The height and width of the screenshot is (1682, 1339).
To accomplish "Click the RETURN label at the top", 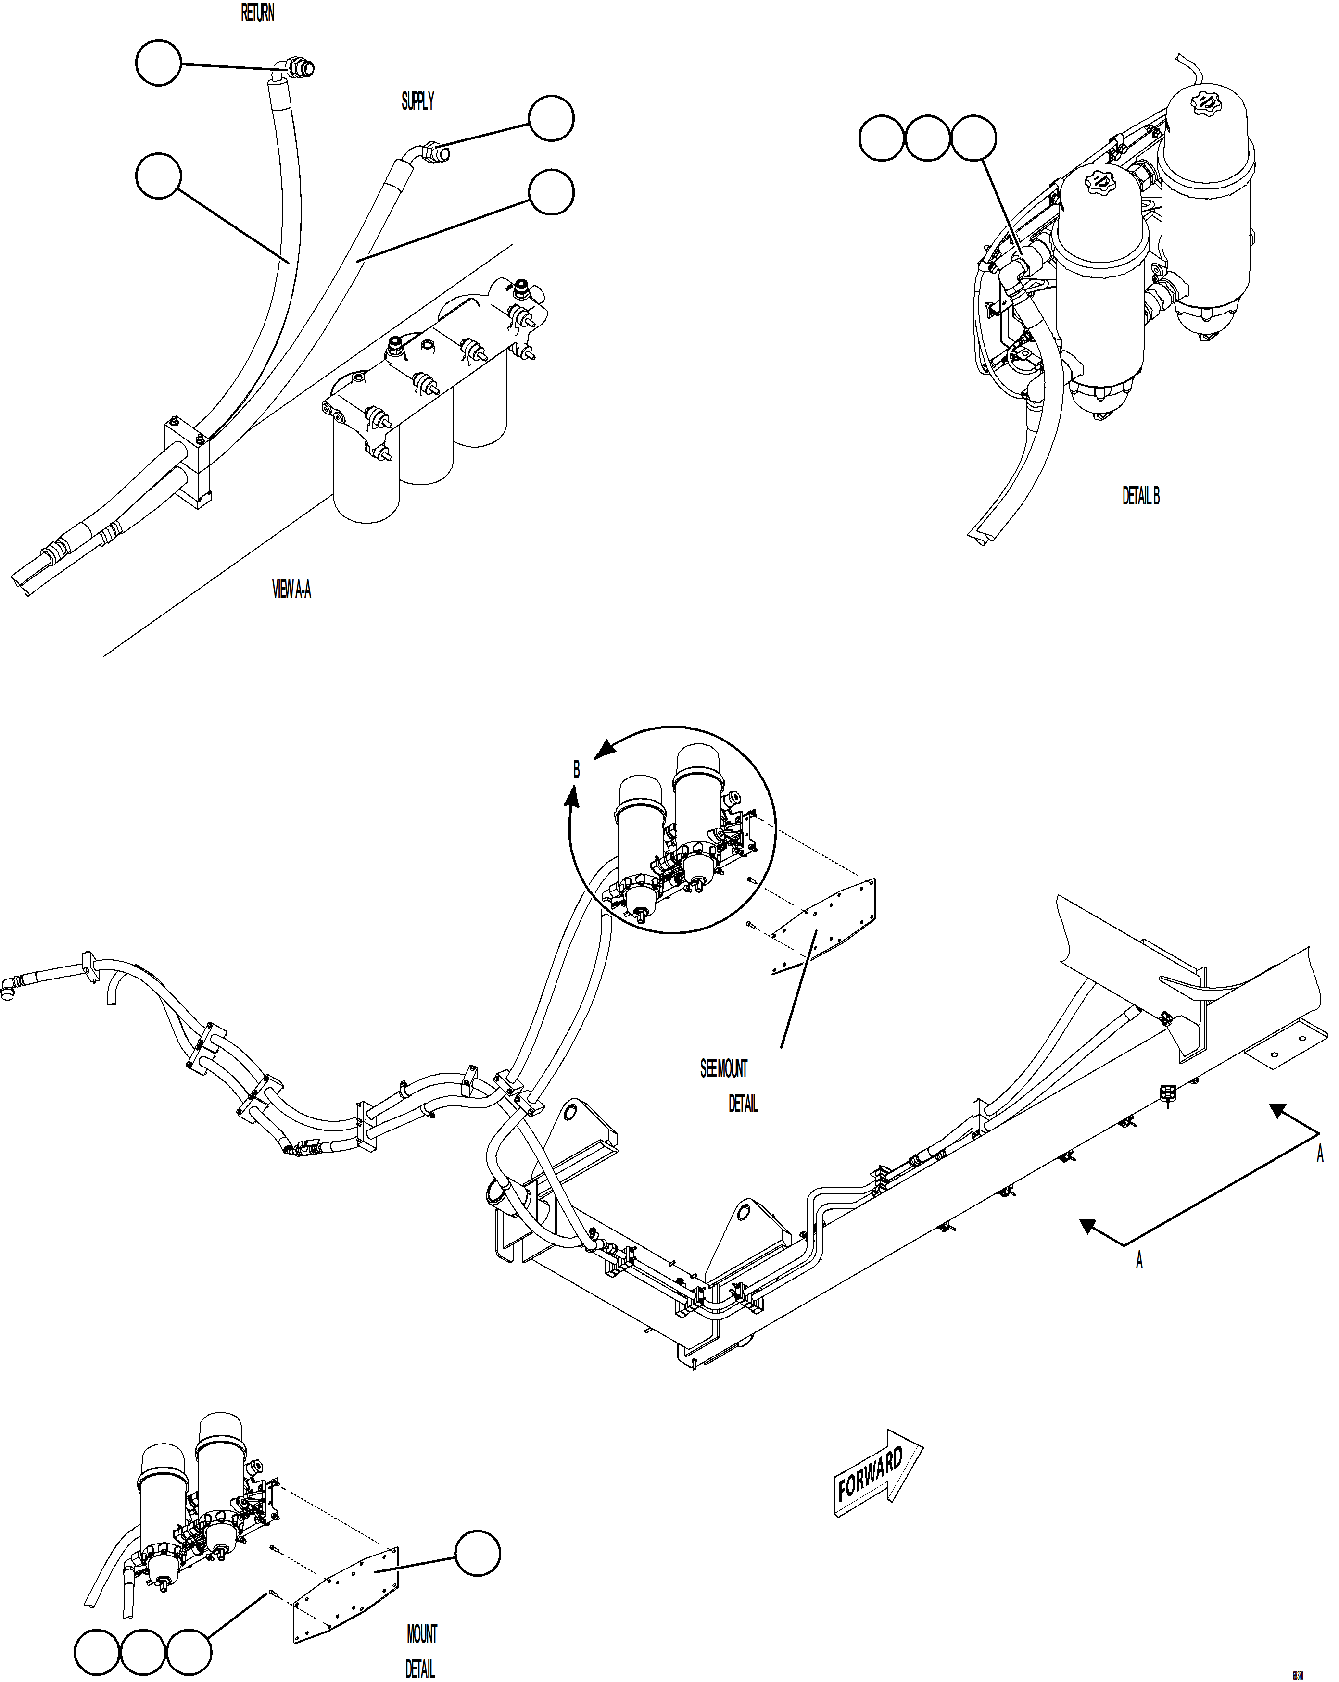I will (x=257, y=13).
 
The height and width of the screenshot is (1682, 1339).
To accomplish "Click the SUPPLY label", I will (x=417, y=101).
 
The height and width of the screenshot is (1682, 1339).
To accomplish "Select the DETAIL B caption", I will (x=1140, y=496).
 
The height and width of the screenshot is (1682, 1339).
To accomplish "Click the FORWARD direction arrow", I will (x=877, y=1473).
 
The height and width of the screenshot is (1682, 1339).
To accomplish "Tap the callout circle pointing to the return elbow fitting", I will (x=158, y=63).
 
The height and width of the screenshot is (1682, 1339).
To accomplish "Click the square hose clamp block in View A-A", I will (x=188, y=464).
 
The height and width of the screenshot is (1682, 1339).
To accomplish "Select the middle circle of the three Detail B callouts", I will (x=927, y=138).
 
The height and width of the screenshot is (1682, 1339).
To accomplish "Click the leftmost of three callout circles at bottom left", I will (x=97, y=1652).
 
